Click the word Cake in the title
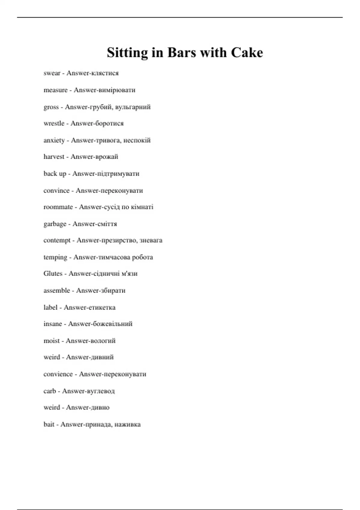[x=247, y=52]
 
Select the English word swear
[x=52, y=73]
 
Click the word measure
[x=55, y=90]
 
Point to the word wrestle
[x=54, y=123]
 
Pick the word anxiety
[x=54, y=140]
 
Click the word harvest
[x=54, y=157]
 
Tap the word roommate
[x=58, y=207]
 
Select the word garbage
[x=55, y=224]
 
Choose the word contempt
[x=57, y=240]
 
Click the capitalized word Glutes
[x=53, y=274]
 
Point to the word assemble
[x=57, y=290]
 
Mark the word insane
[x=53, y=324]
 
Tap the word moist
[x=52, y=340]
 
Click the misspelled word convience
[x=58, y=374]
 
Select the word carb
[x=50, y=391]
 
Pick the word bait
[x=49, y=424]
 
